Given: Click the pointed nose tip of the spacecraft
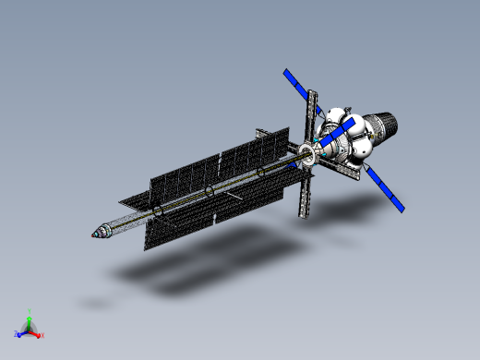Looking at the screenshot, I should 93,234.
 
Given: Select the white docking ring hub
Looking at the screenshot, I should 307,154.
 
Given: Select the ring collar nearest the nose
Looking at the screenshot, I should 156,213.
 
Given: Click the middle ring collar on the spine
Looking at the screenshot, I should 210,191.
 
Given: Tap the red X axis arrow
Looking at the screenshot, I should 37,330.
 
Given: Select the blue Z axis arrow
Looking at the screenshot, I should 21,332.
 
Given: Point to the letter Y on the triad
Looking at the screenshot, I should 30,311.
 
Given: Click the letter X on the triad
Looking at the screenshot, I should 42,334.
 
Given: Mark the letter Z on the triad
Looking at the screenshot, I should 16,334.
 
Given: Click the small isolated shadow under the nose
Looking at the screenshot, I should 93,302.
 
